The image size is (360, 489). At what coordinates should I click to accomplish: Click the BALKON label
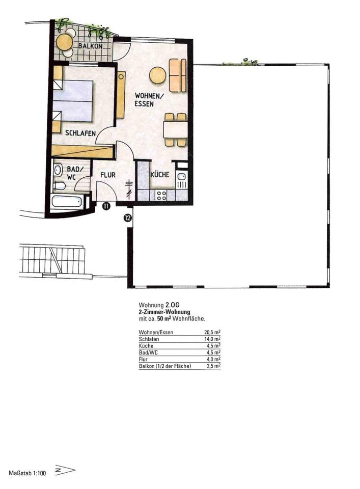point(91,46)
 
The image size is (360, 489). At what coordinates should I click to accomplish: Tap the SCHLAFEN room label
point(80,133)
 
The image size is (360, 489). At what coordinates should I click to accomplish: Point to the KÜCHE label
point(160,174)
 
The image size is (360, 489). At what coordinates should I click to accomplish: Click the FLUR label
point(108,175)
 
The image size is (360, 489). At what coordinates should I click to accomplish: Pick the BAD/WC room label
point(73,173)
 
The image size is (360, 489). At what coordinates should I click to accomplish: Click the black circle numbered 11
point(106,206)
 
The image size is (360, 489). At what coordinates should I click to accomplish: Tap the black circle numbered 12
point(127,218)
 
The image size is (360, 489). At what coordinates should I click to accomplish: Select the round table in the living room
point(158,75)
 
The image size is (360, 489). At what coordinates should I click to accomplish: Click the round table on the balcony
point(65,42)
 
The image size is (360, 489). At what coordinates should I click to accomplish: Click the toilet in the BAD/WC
point(59,186)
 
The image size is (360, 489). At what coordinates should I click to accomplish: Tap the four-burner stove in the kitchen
point(161,195)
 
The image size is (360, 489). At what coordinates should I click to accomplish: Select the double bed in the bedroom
point(73,101)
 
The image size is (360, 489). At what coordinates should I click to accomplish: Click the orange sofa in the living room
point(177,75)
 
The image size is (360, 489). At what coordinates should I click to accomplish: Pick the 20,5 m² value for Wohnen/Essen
point(212,332)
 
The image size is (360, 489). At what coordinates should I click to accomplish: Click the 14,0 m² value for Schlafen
point(212,339)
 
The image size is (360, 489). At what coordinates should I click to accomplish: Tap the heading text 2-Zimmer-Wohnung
point(164,312)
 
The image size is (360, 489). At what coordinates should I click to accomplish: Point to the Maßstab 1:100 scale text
point(27,473)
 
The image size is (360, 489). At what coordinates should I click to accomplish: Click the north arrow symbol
point(65,470)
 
